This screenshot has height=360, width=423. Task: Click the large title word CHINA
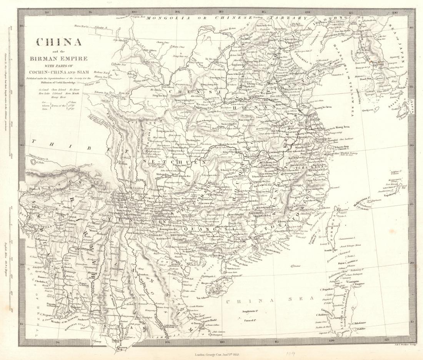58,42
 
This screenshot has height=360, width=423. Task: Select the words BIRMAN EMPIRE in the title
58,58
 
